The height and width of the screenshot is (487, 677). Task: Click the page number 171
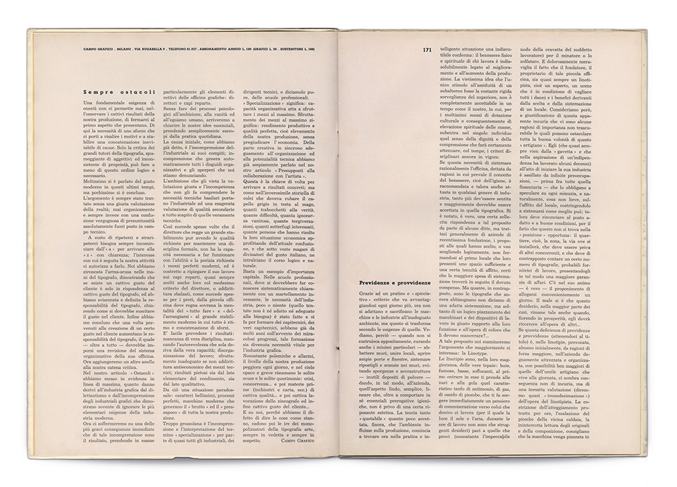tap(427, 49)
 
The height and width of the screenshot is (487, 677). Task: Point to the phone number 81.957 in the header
tap(220, 49)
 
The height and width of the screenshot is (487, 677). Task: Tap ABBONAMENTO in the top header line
tap(250, 49)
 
